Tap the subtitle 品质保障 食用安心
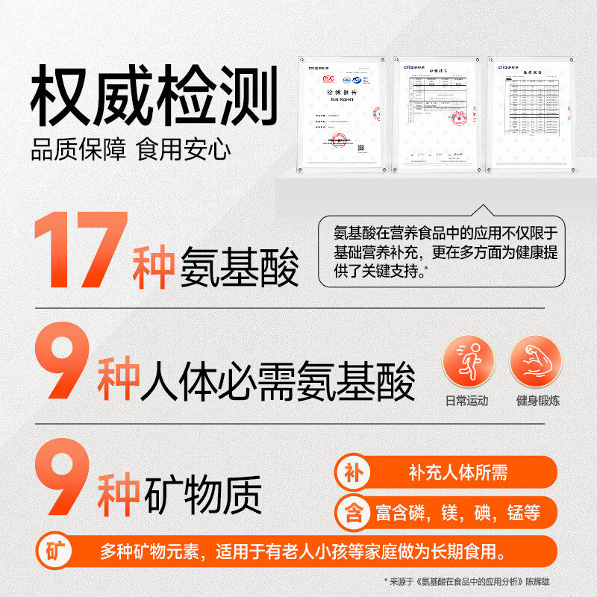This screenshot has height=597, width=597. tap(131, 149)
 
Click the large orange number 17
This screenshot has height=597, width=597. tap(81, 252)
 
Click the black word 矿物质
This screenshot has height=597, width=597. tap(202, 493)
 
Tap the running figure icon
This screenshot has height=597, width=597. tap(468, 361)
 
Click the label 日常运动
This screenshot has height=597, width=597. tap(467, 401)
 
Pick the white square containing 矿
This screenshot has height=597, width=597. tap(53, 552)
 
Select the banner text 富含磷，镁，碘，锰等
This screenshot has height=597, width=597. tap(457, 513)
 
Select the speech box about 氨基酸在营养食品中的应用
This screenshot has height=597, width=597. tap(441, 251)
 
